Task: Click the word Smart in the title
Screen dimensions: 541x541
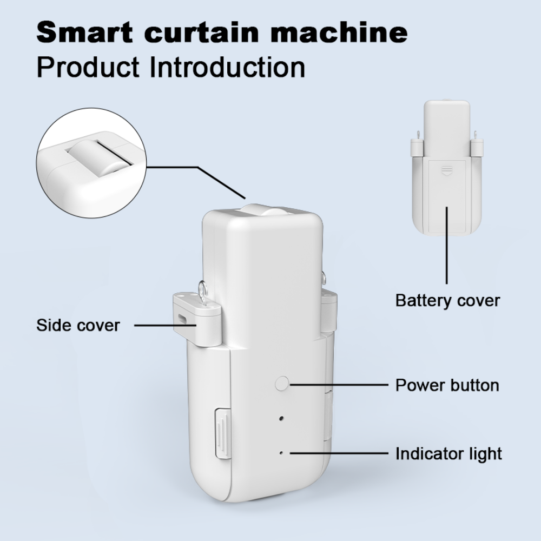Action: point(84,32)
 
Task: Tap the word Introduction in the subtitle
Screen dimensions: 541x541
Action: point(228,67)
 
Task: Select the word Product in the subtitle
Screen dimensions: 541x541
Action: point(88,67)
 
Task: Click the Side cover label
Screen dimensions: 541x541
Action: point(78,325)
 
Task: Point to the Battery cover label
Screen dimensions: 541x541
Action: point(447,300)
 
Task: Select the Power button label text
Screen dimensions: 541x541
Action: point(447,385)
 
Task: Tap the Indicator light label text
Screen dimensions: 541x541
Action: point(448,454)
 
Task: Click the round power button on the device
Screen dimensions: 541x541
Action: point(282,384)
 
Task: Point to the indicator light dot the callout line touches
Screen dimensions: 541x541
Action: point(281,453)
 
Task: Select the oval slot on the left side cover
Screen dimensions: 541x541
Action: point(181,318)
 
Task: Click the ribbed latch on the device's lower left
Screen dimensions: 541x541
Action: point(223,434)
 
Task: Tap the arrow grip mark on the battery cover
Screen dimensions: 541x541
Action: point(447,170)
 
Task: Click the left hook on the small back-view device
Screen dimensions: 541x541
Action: point(418,135)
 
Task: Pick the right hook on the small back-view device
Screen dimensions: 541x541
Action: point(475,135)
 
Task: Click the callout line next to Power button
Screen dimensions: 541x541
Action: point(339,384)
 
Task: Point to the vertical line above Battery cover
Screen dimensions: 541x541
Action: point(447,245)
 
